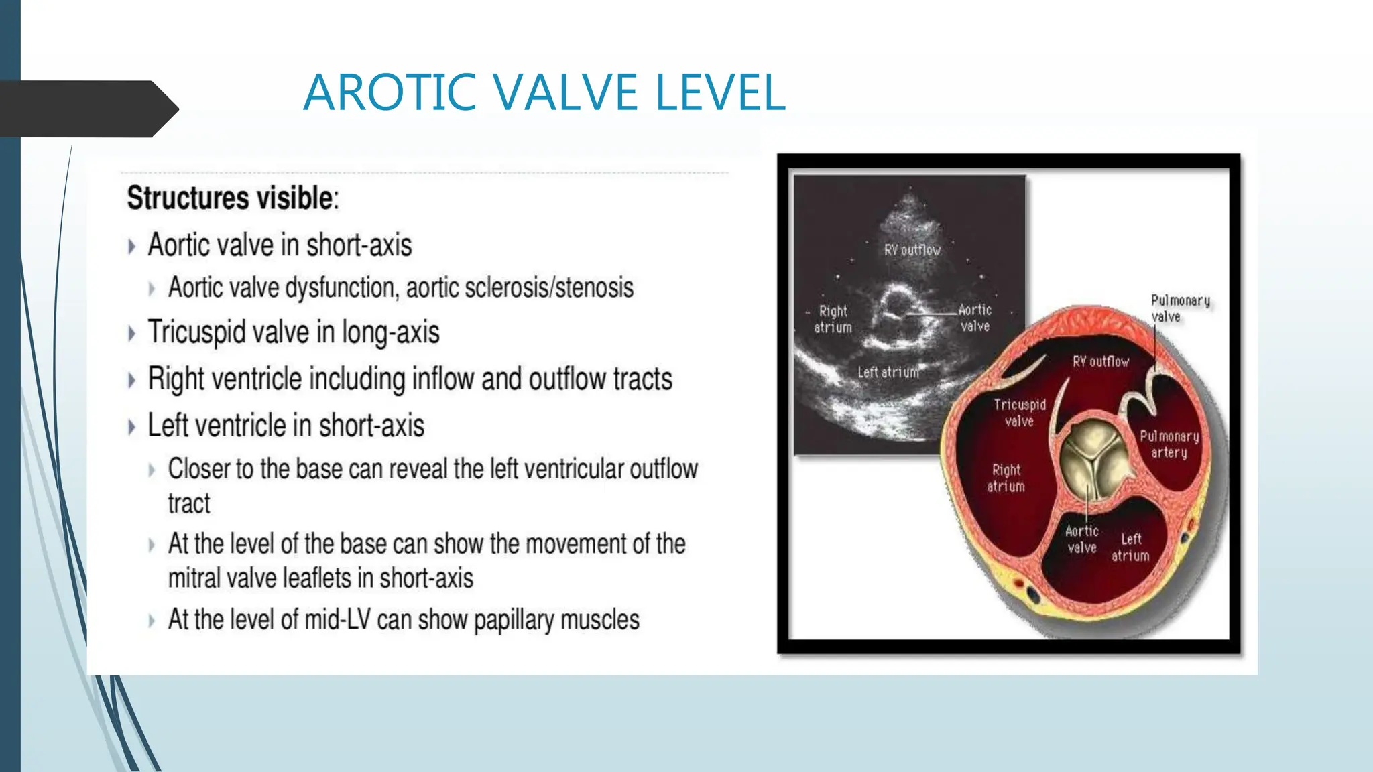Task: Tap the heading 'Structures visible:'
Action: (x=233, y=198)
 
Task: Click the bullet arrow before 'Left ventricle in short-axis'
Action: (x=131, y=427)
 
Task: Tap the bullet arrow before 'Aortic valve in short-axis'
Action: (x=131, y=247)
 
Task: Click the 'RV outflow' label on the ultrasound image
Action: (x=912, y=250)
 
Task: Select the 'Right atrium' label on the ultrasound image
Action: (x=833, y=319)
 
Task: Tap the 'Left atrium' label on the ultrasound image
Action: (x=888, y=372)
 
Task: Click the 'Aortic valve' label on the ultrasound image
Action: (x=975, y=318)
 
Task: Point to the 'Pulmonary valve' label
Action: (x=1180, y=308)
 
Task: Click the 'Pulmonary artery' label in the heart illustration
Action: (x=1169, y=444)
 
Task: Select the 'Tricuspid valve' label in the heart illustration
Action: (x=1019, y=413)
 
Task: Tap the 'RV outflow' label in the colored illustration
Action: (x=1101, y=362)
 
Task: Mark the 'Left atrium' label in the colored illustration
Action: (x=1130, y=548)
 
